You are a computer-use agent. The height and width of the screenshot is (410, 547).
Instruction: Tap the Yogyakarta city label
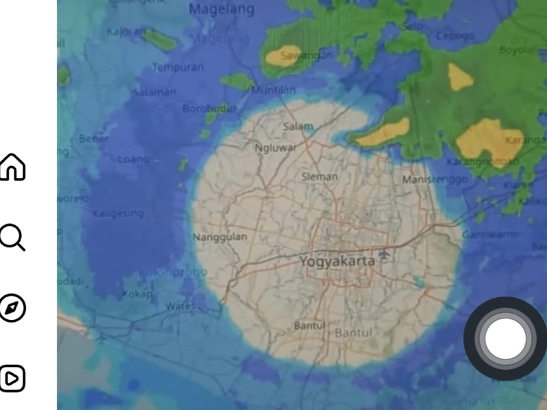click(x=337, y=261)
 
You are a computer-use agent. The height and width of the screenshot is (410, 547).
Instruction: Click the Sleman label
click(x=319, y=177)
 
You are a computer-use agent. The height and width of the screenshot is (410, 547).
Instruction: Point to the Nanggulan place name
click(x=220, y=237)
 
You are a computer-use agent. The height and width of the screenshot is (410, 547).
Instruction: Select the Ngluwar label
click(x=275, y=148)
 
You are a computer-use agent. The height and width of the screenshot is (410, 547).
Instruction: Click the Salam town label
click(x=298, y=126)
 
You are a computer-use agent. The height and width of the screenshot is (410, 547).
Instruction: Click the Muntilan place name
click(x=273, y=90)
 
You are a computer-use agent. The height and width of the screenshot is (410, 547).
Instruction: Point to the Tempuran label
click(x=178, y=68)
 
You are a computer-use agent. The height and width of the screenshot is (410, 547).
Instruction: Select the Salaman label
click(x=155, y=92)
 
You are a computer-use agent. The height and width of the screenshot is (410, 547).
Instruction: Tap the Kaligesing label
click(x=118, y=213)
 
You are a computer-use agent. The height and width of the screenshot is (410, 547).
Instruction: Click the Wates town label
click(x=181, y=307)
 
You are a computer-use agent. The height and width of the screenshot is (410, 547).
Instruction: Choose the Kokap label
click(x=137, y=294)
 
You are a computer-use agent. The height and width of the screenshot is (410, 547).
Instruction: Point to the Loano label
click(x=134, y=159)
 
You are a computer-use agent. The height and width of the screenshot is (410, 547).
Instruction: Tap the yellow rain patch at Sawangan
click(x=284, y=56)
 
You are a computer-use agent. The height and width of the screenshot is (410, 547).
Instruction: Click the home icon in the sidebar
click(x=12, y=167)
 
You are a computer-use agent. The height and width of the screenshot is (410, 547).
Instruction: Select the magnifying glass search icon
click(x=12, y=237)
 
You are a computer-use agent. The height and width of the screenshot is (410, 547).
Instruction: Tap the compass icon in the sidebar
click(x=12, y=308)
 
